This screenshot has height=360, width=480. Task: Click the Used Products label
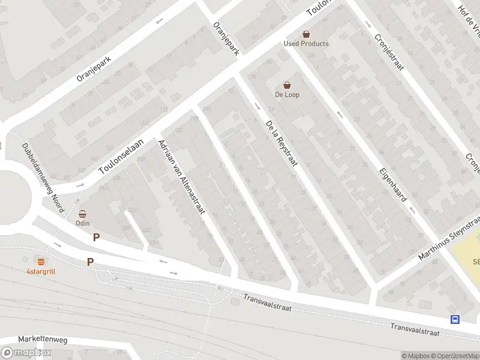[306, 44]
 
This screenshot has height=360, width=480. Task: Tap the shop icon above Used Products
[306, 34]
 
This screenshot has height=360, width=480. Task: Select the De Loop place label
[287, 95]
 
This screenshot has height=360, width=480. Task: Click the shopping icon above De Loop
[287, 85]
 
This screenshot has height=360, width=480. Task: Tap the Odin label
[82, 223]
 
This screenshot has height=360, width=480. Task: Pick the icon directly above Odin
[82, 214]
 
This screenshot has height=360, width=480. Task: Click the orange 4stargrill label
[41, 271]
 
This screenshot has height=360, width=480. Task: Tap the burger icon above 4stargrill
[41, 262]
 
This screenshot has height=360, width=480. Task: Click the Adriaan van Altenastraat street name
[181, 176]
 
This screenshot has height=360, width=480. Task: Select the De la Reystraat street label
[281, 146]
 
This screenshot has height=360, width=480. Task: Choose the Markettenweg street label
[43, 340]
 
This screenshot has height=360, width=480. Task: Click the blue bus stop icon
[455, 319]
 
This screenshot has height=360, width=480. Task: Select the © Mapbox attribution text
[413, 356]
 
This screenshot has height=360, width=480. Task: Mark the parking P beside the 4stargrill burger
[91, 262]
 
